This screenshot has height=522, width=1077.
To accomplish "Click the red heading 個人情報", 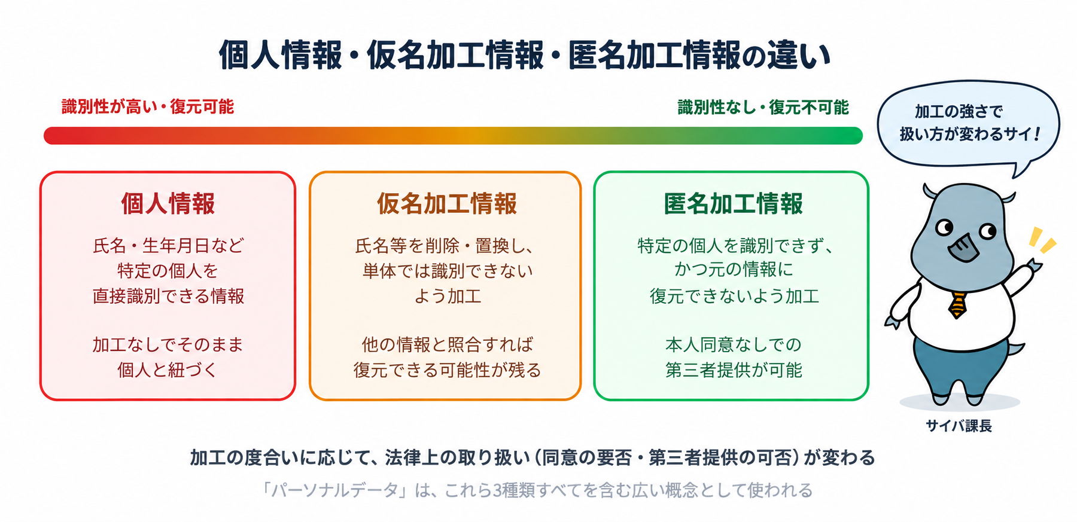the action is point(168,204).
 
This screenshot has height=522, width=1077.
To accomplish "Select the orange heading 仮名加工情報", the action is point(446,204).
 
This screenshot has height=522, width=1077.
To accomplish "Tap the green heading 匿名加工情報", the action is point(733,204).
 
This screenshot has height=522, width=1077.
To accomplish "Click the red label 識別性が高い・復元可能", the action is point(148,107).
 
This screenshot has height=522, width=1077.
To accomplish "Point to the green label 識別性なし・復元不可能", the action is point(763,108).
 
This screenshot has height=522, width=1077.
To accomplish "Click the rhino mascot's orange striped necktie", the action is point(957,304).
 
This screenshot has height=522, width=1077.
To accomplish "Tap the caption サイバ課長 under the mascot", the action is point(959,426).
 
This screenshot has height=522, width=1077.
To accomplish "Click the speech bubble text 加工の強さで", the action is point(959,111).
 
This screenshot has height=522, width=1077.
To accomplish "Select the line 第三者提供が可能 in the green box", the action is point(734,370).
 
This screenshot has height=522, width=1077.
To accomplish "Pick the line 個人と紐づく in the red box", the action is point(168,370).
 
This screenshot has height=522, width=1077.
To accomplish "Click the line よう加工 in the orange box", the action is point(448,297).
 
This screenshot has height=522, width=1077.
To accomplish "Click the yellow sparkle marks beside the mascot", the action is point(1042,240).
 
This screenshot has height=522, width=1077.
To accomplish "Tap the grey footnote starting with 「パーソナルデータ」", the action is point(537,490).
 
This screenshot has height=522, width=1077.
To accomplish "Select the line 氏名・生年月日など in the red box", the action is point(168,246).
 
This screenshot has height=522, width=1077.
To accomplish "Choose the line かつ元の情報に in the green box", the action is point(734,270).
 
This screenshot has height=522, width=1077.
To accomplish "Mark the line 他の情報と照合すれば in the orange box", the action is point(447,344).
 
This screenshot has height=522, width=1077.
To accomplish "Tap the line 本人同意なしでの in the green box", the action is point(734,344).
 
